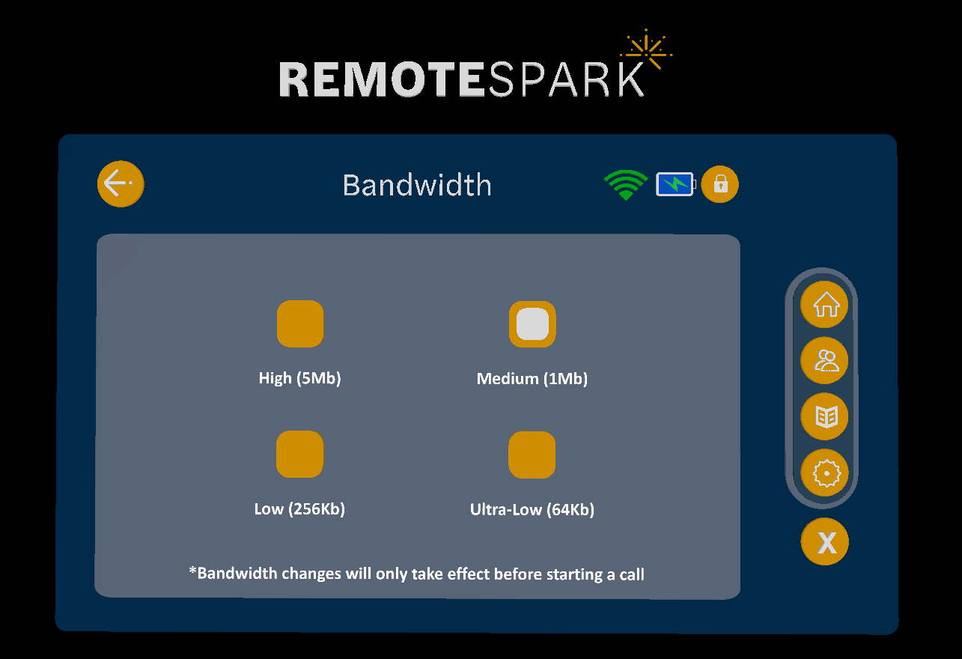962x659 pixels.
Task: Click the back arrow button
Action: point(120,183)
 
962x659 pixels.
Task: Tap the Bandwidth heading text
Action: point(417,185)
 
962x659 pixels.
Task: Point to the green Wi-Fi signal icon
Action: point(626,185)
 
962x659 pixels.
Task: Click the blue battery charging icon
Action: point(675,184)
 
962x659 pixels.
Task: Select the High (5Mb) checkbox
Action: point(300,324)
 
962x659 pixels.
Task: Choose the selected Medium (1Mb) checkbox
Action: point(532,324)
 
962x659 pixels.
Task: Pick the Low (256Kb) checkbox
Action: point(299,455)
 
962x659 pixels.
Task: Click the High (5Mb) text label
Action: point(299,378)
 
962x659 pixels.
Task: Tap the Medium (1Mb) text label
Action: point(532,379)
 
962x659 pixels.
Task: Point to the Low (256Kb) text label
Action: point(299,509)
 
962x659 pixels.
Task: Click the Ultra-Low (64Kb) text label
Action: point(532,510)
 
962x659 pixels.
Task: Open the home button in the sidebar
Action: point(825,306)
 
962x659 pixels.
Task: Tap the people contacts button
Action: point(825,361)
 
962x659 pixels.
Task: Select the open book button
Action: point(825,416)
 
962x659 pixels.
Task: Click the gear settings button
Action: point(825,473)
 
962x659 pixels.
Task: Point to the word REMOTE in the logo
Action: point(382,79)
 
